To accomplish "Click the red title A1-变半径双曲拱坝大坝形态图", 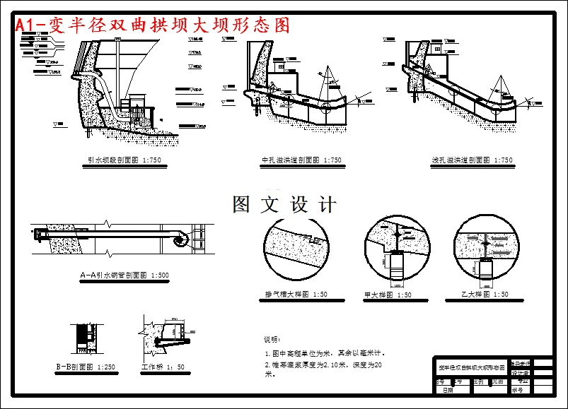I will pyautogui.click(x=153, y=25).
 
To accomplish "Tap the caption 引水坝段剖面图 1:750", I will pyautogui.click(x=124, y=160).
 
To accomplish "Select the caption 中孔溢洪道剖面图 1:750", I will pyautogui.click(x=301, y=160).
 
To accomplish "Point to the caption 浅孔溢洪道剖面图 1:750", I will pyautogui.click(x=473, y=160).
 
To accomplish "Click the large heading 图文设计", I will pyautogui.click(x=284, y=206).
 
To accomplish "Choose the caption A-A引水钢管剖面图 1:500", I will pyautogui.click(x=124, y=275).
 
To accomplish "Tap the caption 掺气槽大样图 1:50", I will pyautogui.click(x=296, y=295).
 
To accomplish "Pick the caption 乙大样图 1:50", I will pyautogui.click(x=485, y=295).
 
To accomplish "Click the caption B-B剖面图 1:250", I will pyautogui.click(x=86, y=367).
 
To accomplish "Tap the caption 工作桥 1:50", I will pyautogui.click(x=163, y=367).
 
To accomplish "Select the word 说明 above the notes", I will pyautogui.click(x=272, y=339).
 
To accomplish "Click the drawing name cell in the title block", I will pyautogui.click(x=472, y=368).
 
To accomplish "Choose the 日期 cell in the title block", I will pyautogui.click(x=448, y=389).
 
